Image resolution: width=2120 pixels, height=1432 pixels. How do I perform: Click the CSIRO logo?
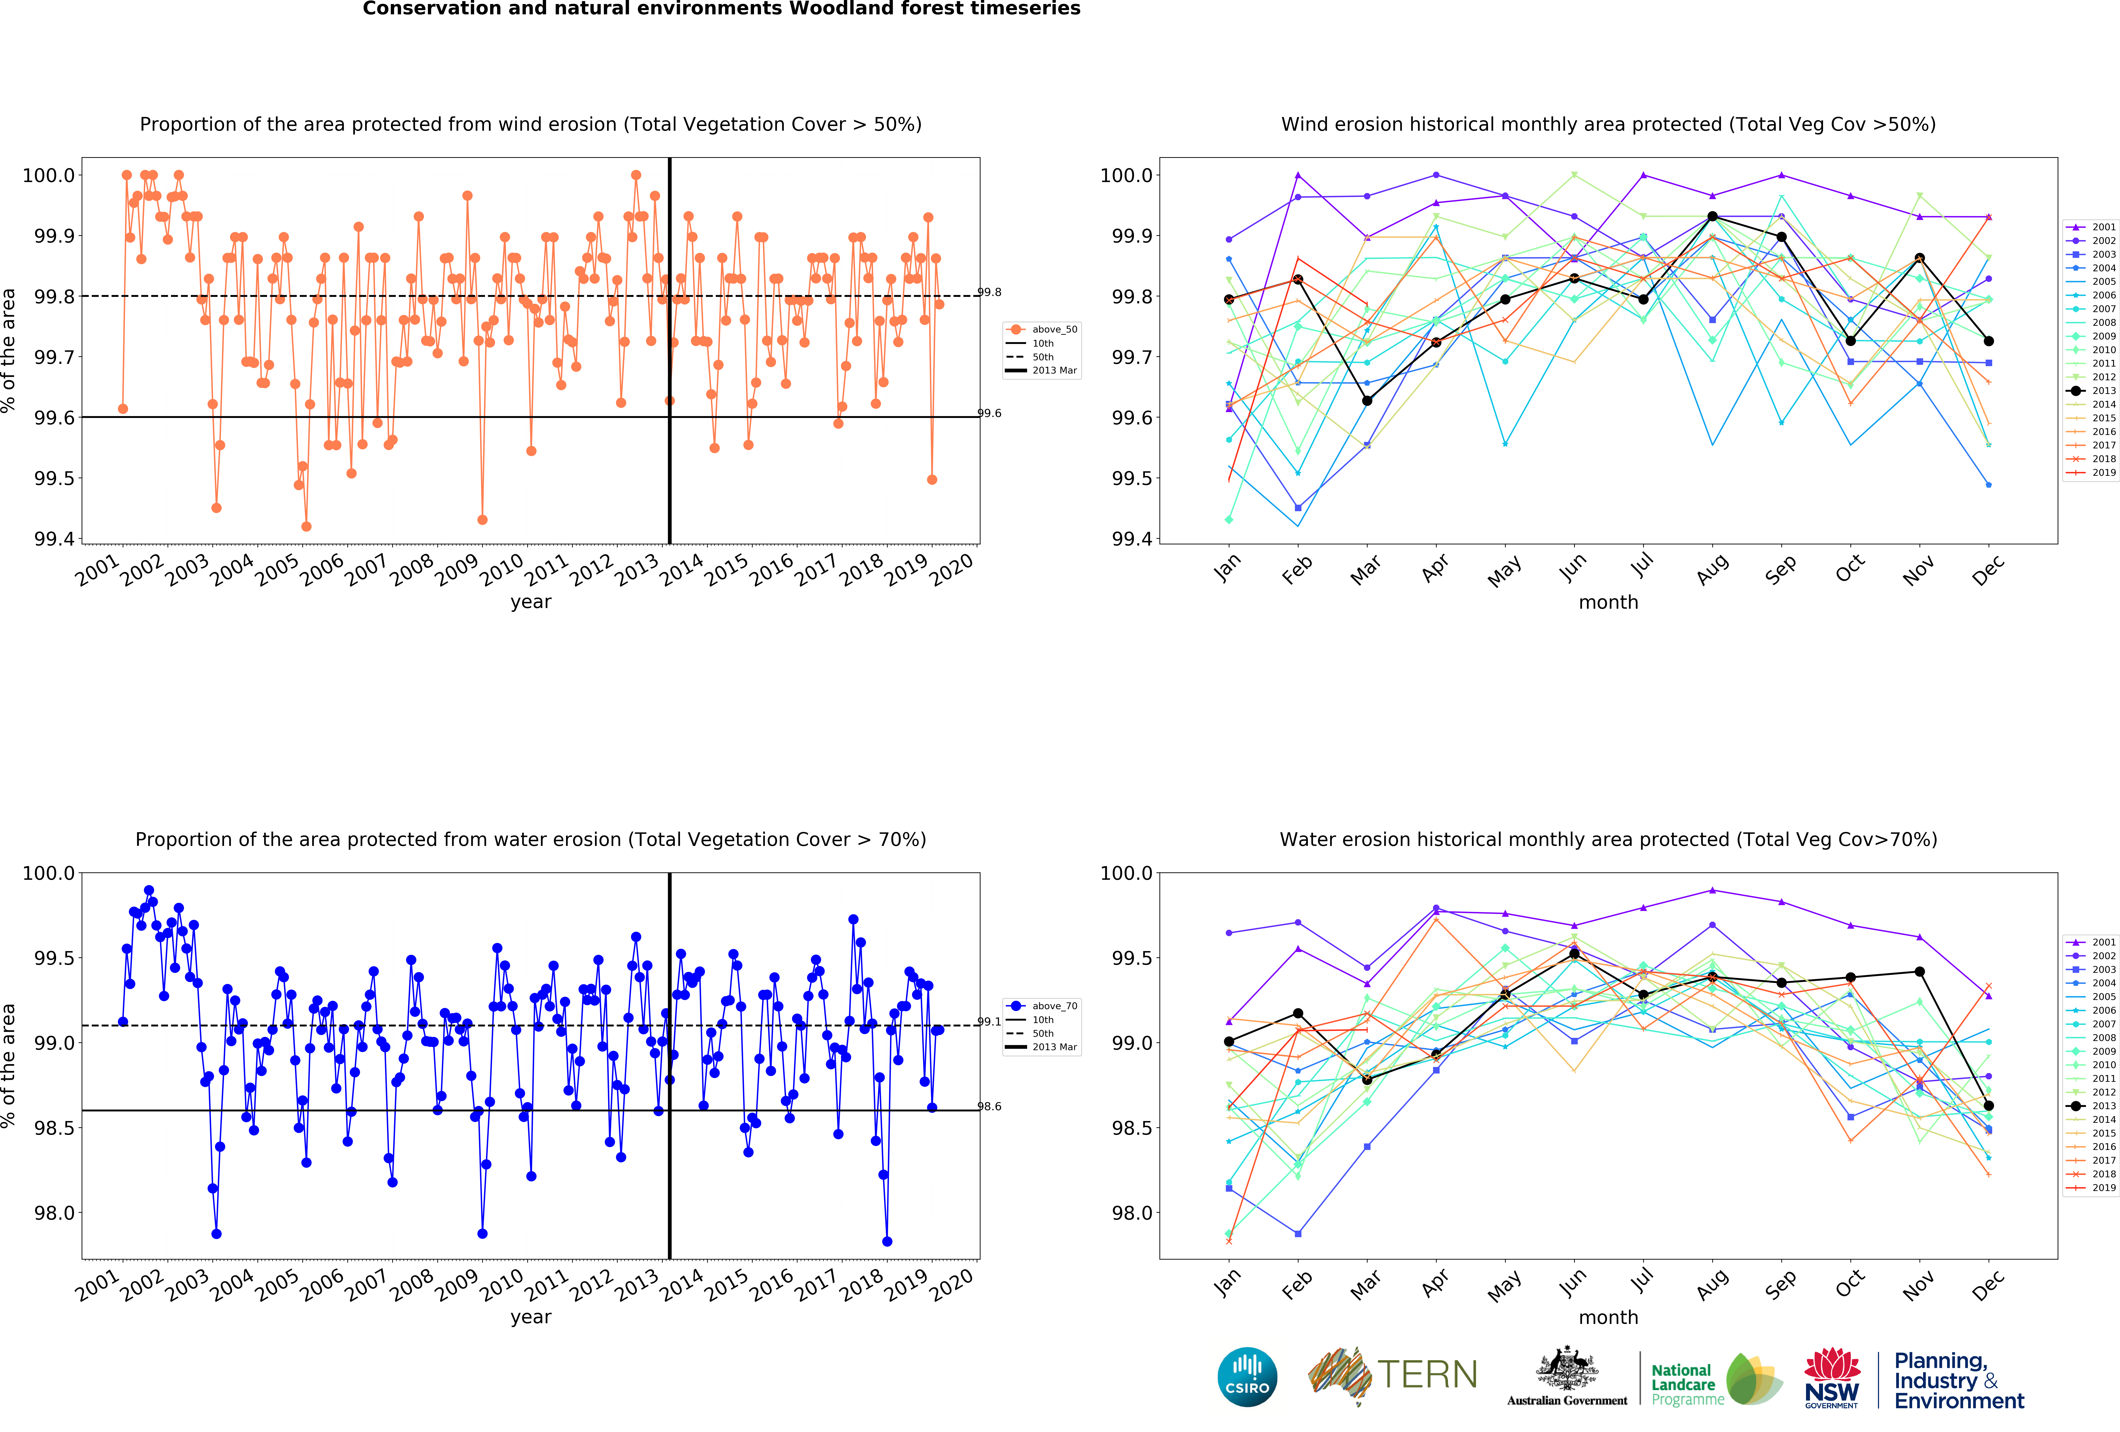(x=1247, y=1376)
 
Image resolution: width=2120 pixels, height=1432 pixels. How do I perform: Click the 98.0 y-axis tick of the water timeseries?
(x=53, y=1213)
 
